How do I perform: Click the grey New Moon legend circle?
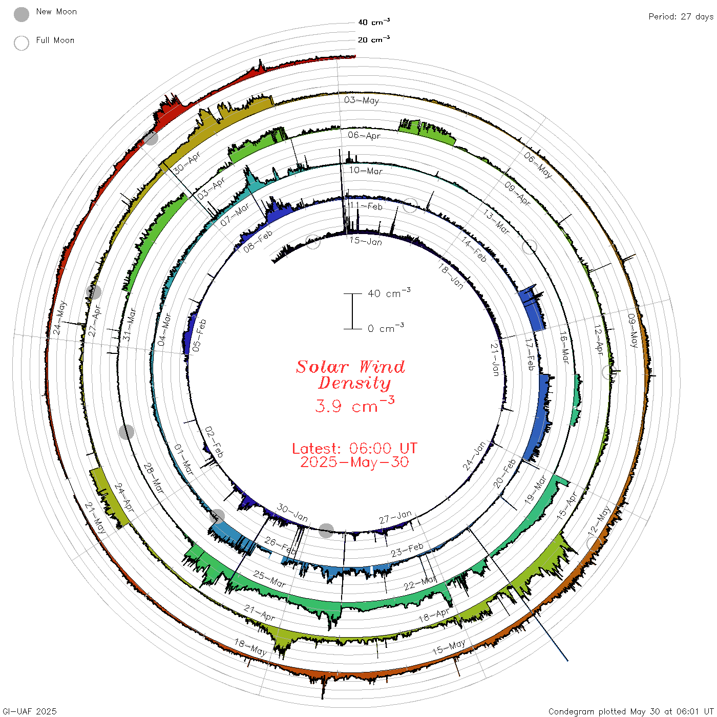(x=21, y=14)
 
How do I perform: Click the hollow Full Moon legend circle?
(x=21, y=43)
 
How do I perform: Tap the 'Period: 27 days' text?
(x=681, y=17)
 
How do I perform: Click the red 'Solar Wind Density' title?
(x=350, y=375)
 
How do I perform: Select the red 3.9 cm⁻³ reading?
(x=354, y=405)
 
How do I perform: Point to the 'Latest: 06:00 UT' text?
(x=354, y=448)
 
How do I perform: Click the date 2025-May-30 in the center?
(x=354, y=462)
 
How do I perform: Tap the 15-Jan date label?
(x=366, y=241)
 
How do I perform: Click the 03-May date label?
(x=361, y=100)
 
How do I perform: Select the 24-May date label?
(x=59, y=318)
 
